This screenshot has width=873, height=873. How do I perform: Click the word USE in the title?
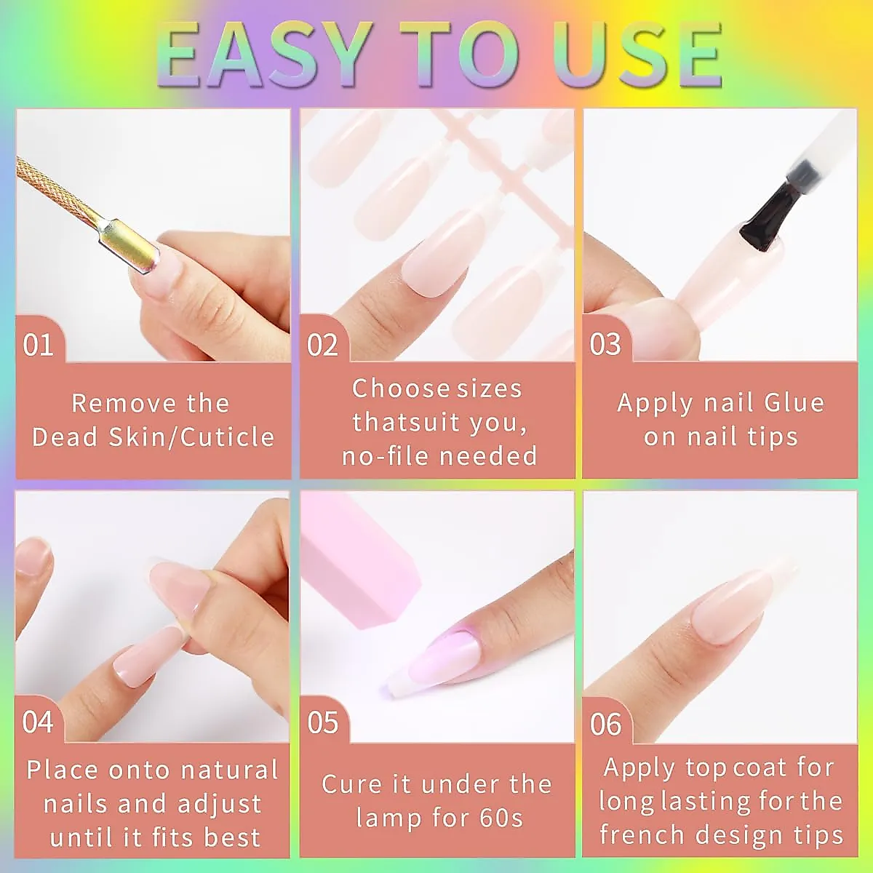click(x=637, y=55)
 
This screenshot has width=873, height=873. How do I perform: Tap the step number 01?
click(x=39, y=344)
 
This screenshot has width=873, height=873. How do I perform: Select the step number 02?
click(x=322, y=344)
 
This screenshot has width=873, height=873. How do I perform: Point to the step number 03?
click(x=605, y=344)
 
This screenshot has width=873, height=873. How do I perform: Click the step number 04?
click(x=38, y=722)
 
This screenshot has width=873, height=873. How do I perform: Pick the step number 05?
click(x=322, y=722)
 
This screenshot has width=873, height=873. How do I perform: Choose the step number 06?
click(x=605, y=724)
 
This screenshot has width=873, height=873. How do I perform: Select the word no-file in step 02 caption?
click(x=386, y=456)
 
